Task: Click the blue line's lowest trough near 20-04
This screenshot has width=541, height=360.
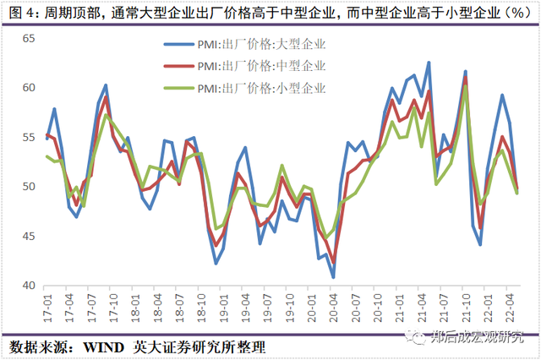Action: [333, 277]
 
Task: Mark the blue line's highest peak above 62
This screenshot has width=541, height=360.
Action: [429, 63]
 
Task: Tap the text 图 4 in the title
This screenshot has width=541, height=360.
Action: [20, 13]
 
